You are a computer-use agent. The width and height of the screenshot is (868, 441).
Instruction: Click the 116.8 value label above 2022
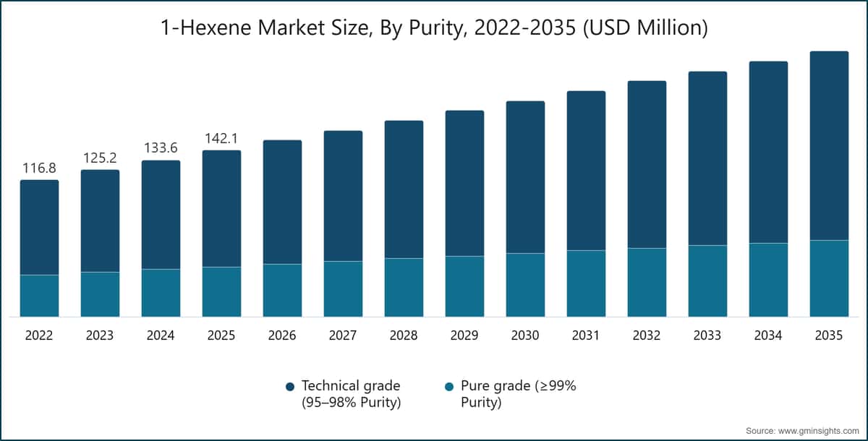click(39, 168)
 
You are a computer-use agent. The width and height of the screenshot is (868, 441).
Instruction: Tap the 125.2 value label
click(100, 158)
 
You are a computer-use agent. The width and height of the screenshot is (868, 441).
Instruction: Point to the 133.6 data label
click(161, 148)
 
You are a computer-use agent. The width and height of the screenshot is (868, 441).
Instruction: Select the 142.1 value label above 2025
click(221, 138)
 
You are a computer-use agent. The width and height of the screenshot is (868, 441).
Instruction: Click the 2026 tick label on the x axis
click(282, 335)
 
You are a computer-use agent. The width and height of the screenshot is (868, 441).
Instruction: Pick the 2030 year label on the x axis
click(525, 335)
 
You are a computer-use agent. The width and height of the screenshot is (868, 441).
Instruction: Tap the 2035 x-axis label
click(829, 335)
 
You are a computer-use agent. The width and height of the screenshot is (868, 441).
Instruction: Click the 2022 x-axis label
click(39, 335)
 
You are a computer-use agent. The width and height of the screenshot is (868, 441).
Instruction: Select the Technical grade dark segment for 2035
click(829, 145)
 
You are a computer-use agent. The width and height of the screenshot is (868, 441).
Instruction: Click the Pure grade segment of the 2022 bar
click(40, 296)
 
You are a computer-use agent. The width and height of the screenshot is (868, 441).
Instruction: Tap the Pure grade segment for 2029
click(464, 286)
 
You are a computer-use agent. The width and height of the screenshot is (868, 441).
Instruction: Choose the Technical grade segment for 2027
click(344, 196)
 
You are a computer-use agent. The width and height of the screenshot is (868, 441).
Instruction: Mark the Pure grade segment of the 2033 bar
click(707, 281)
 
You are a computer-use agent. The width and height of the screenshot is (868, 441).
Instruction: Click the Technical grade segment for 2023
click(100, 221)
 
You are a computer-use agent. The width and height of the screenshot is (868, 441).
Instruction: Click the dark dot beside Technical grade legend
click(290, 387)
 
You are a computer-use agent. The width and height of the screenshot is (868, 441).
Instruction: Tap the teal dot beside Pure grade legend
click(449, 387)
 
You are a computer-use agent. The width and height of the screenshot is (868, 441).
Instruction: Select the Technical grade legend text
click(351, 394)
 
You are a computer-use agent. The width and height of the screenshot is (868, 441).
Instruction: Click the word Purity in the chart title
click(437, 28)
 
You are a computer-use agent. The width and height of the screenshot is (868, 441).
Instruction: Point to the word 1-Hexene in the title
click(205, 28)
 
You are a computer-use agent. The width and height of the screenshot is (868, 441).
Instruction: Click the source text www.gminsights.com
click(824, 431)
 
